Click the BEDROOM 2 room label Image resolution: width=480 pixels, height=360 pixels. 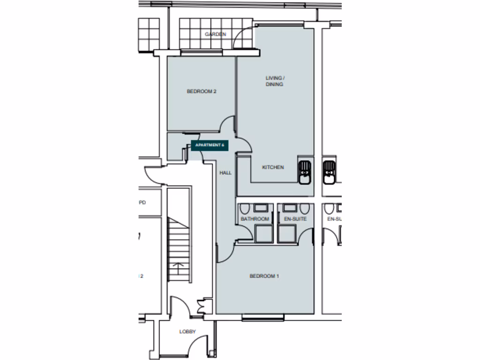click(x=201, y=91)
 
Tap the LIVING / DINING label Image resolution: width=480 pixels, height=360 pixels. click(x=275, y=81)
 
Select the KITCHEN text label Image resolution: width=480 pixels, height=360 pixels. click(x=273, y=167)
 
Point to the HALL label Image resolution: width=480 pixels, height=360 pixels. click(x=225, y=173)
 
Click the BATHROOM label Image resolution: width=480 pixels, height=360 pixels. click(x=255, y=219)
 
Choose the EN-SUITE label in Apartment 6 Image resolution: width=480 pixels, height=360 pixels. click(x=295, y=219)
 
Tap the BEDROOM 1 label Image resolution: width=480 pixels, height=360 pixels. click(x=264, y=276)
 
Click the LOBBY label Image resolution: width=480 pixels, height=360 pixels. click(x=187, y=332)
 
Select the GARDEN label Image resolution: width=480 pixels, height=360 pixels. click(x=215, y=34)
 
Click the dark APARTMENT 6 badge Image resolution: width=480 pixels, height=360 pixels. click(x=209, y=145)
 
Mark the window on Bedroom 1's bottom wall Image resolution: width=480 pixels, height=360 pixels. click(x=263, y=318)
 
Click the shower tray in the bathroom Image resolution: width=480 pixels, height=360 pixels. click(x=263, y=233)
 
